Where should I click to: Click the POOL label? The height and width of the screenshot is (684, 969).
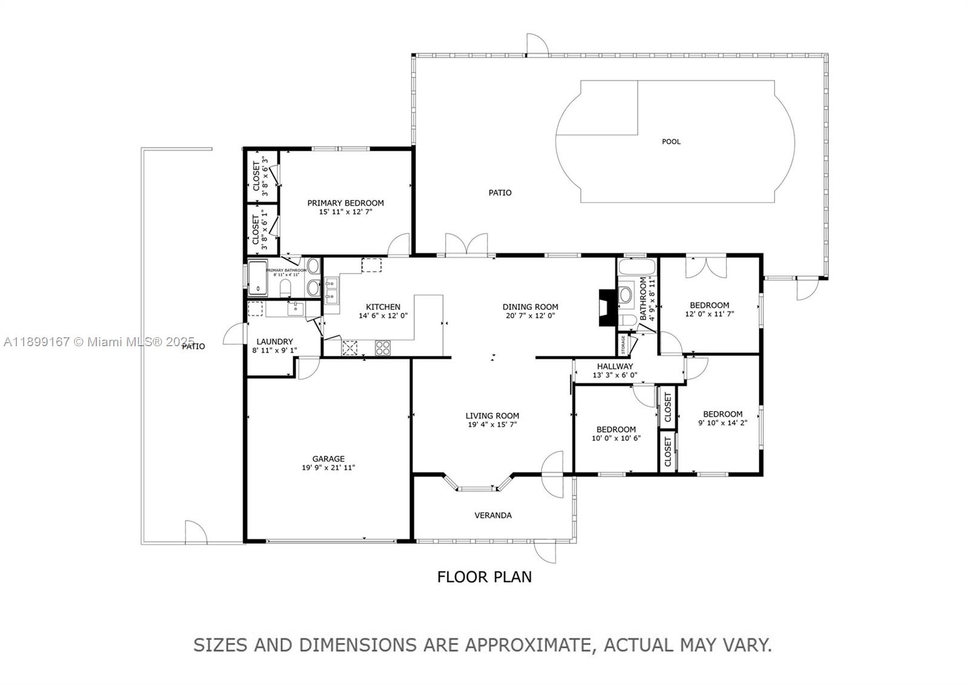click(671, 142)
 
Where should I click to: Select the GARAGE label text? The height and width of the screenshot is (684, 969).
click(328, 459)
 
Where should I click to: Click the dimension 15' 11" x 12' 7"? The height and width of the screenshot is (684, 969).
click(345, 212)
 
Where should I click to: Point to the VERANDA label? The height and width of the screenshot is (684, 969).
click(492, 516)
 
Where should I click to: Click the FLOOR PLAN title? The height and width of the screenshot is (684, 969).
click(484, 577)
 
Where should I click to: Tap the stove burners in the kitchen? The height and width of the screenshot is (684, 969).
click(383, 347)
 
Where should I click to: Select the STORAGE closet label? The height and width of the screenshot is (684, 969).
click(623, 344)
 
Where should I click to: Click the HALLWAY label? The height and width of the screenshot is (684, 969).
click(615, 366)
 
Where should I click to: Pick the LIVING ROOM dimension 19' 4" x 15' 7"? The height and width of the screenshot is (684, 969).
click(492, 424)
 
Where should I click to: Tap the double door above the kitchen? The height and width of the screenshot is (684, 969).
click(466, 245)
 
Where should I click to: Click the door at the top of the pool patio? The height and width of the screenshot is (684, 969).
click(537, 44)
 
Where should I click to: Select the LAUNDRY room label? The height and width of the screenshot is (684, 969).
click(274, 341)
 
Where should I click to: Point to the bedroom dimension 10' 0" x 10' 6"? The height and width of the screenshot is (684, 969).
click(616, 438)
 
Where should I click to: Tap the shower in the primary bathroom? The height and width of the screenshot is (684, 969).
click(258, 278)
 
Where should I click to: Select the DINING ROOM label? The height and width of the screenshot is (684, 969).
click(530, 307)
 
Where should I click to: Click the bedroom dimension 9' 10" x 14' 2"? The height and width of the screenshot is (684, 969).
click(723, 423)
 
